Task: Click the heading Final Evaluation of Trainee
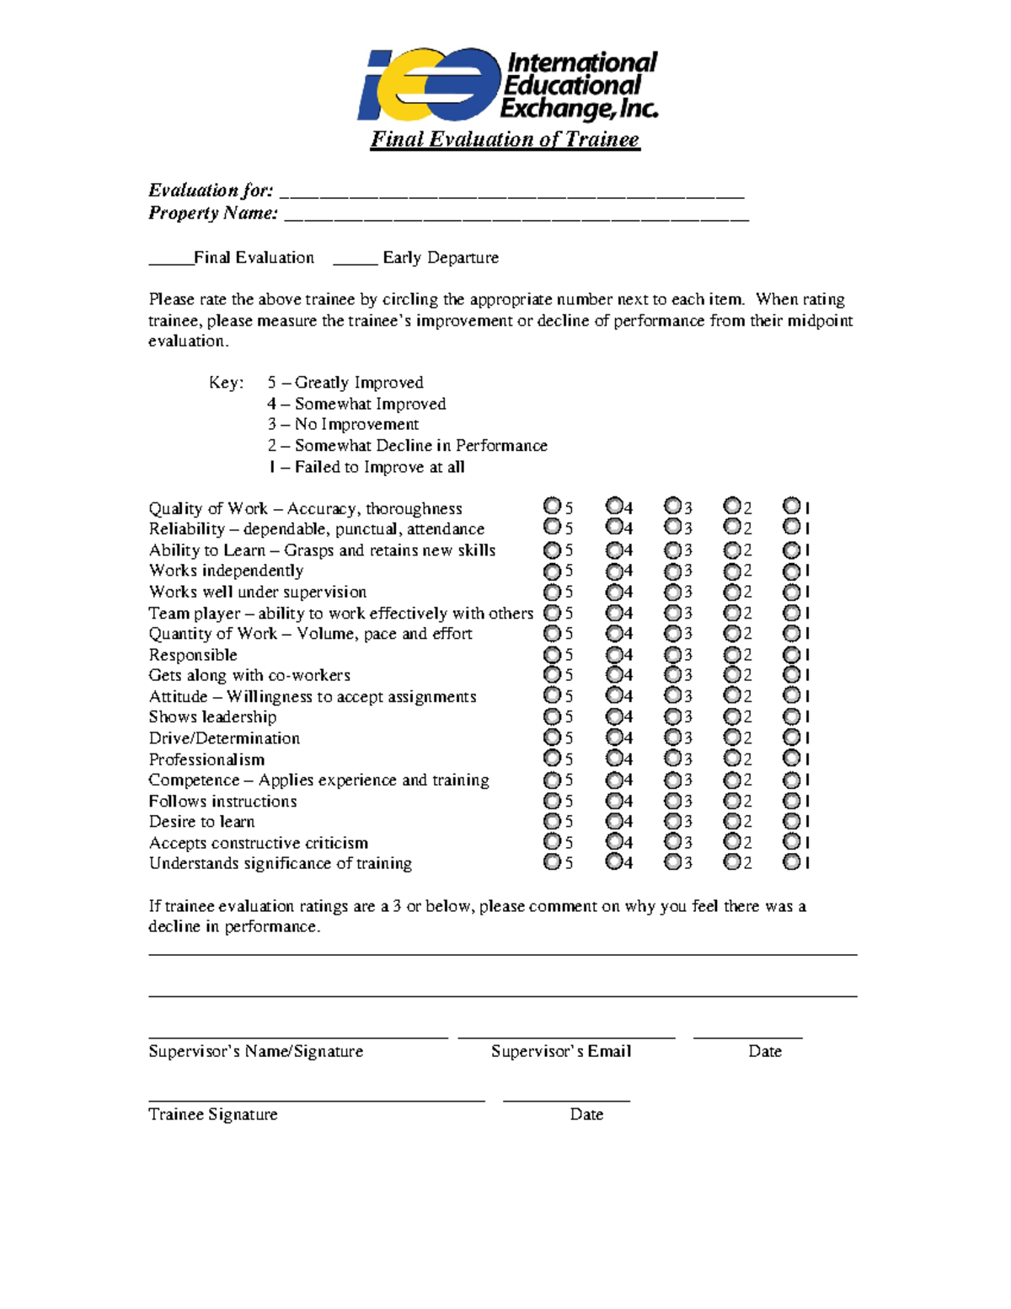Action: (x=505, y=139)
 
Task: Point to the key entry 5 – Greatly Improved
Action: (x=345, y=383)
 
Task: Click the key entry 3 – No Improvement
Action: (x=343, y=425)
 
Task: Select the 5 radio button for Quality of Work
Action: (x=552, y=506)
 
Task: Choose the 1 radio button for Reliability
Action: (x=791, y=527)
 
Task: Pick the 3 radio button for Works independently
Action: (x=672, y=571)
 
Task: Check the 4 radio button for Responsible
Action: (x=614, y=654)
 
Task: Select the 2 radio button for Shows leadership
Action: (x=732, y=716)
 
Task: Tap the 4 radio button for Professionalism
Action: (x=614, y=758)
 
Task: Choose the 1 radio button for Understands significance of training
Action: (x=791, y=861)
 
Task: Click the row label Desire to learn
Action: (x=201, y=822)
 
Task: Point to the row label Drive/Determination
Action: (x=224, y=738)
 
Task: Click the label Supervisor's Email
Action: (x=561, y=1051)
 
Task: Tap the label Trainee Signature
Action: (x=212, y=1114)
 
